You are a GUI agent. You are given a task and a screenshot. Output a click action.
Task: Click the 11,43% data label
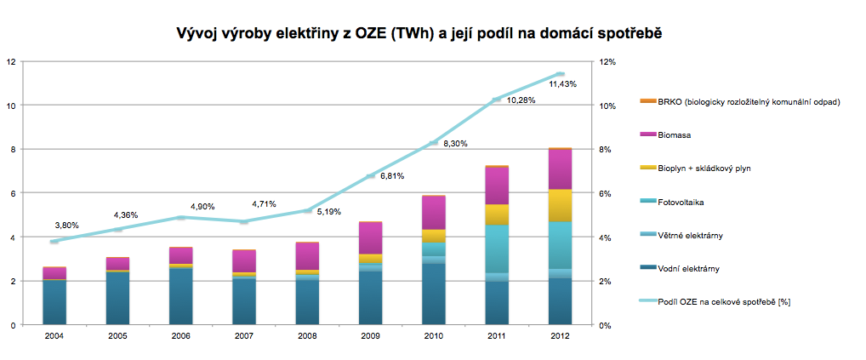click(563, 84)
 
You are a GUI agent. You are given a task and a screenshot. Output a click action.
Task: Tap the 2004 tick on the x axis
click(54, 337)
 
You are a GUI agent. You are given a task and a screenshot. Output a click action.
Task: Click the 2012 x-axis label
click(560, 337)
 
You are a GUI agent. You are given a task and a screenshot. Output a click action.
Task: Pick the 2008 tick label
click(307, 337)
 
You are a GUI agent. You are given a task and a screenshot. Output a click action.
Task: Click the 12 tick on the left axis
click(10, 61)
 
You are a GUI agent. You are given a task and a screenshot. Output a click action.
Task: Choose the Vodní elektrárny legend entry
click(688, 269)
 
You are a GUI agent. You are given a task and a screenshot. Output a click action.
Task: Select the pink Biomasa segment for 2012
click(560, 169)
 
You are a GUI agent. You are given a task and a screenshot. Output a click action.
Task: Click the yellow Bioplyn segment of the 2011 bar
click(497, 214)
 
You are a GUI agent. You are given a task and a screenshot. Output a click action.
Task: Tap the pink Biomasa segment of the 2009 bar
click(370, 237)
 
